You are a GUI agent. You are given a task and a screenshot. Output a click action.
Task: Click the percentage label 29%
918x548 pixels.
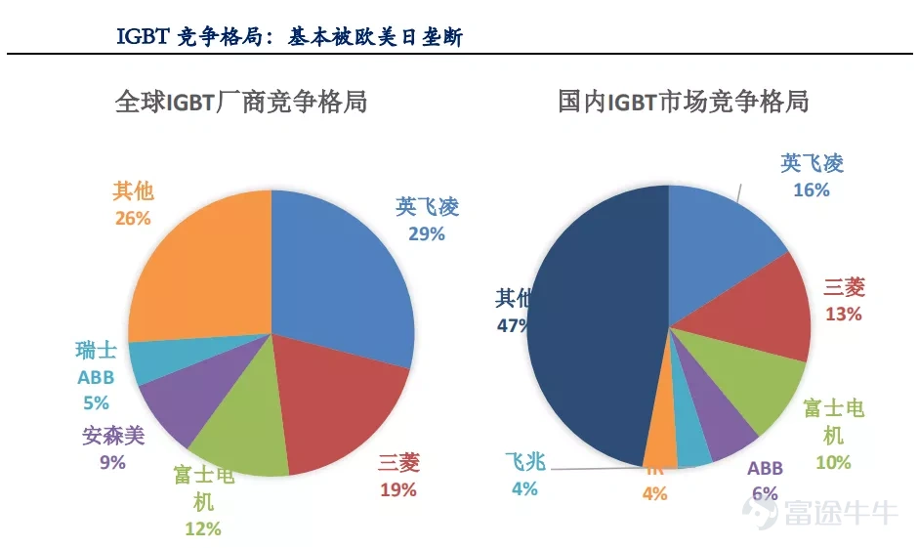pos(426,233)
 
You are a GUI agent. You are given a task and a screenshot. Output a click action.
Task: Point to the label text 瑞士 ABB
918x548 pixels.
pos(96,363)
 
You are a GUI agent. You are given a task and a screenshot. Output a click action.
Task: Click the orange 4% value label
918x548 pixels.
pos(654,494)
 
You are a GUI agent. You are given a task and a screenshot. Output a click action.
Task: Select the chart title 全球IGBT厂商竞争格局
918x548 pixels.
pos(241,101)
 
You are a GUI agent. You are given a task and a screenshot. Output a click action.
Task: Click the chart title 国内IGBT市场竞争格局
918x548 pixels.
pos(683,101)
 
